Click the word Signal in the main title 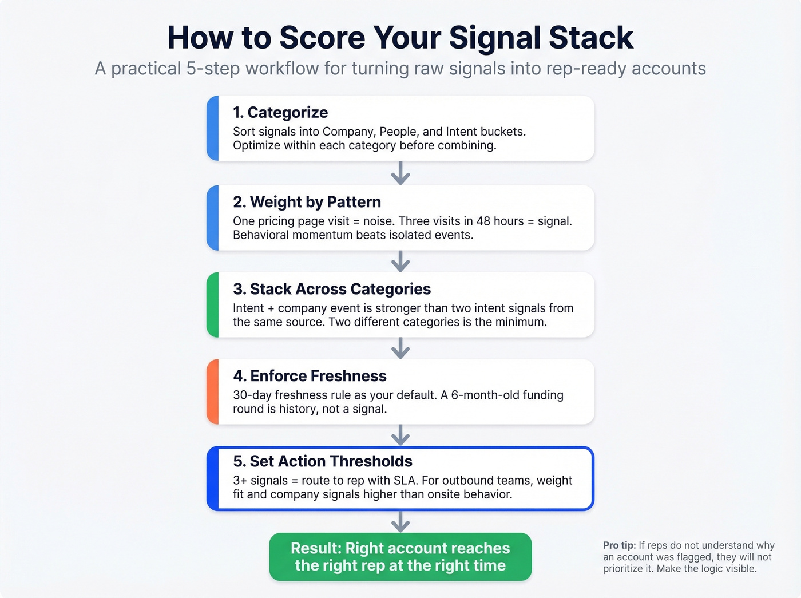pos(495,38)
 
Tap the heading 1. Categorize pos(280,113)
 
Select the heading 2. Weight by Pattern pos(307,202)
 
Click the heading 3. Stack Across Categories pos(332,289)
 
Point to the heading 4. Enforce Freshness pos(310,376)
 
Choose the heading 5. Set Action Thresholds pos(323,461)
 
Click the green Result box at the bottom pos(400,557)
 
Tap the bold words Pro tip pos(619,545)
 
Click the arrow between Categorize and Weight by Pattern pos(400,173)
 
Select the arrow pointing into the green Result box pos(400,521)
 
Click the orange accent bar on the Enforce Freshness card pos(212,392)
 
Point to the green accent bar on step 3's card pos(212,305)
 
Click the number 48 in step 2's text pos(483,221)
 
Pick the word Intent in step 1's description pos(461,132)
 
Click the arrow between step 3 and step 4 pos(400,347)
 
